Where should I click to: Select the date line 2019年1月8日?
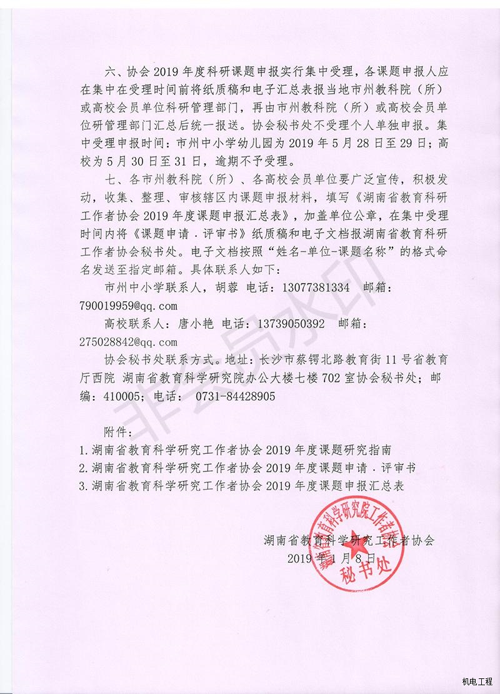click(x=333, y=558)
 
